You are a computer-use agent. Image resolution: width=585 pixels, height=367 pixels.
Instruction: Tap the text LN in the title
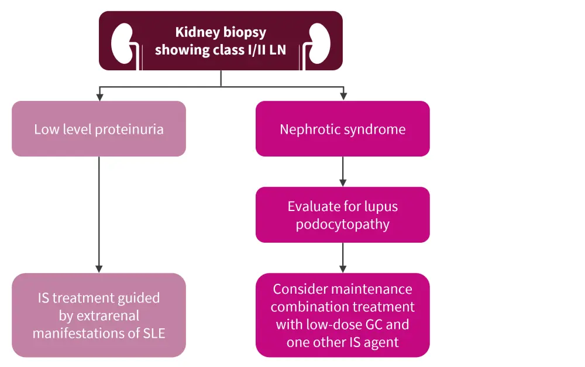[277, 50]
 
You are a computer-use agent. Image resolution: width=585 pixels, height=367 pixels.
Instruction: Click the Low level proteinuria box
[99, 129]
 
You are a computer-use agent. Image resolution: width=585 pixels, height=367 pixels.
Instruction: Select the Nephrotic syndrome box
[342, 129]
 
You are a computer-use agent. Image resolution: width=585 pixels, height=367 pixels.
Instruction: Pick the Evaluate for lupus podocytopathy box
[342, 215]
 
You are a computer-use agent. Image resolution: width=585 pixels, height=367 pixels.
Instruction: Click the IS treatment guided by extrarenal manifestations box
[99, 315]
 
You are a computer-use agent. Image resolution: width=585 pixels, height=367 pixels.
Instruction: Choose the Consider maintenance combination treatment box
[342, 315]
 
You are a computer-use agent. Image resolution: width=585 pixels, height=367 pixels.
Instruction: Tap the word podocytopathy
[342, 225]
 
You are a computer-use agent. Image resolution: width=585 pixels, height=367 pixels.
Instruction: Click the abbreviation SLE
[153, 334]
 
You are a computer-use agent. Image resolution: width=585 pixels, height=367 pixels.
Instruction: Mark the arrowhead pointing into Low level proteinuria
[99, 97]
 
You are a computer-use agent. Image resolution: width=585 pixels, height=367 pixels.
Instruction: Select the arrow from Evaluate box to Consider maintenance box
[342, 257]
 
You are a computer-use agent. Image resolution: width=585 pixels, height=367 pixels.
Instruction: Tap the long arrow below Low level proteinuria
[99, 214]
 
